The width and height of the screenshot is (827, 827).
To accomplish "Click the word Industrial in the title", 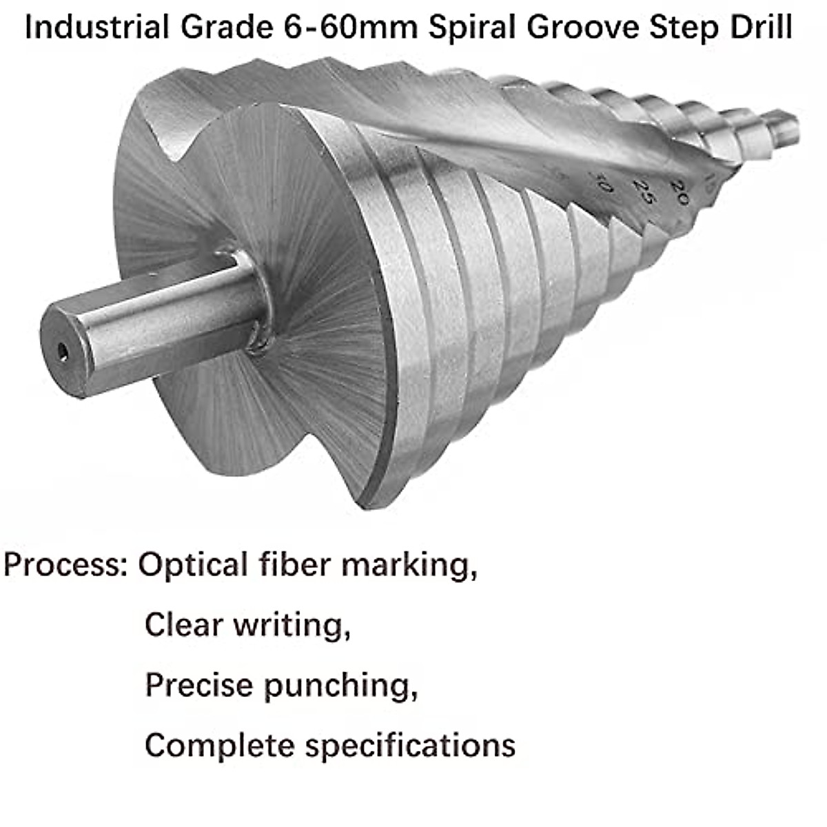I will (x=96, y=28).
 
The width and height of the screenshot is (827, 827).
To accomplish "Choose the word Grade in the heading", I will (x=218, y=28).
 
